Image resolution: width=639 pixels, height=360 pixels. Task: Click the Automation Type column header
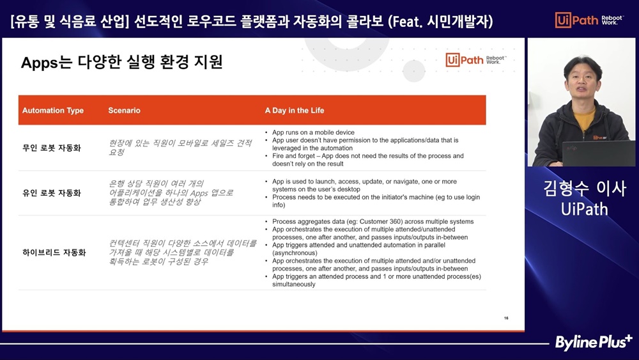click(53, 111)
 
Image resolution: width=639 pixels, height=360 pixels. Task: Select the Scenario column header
click(125, 111)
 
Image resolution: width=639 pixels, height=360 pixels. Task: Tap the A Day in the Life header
click(295, 111)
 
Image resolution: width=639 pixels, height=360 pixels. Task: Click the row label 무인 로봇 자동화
click(52, 148)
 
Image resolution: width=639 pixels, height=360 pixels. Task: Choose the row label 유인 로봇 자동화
click(52, 193)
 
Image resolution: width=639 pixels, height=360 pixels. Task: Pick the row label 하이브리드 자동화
click(54, 253)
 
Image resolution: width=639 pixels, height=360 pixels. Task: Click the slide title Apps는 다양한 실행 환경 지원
click(122, 63)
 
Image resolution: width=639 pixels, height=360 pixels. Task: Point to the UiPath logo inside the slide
click(475, 60)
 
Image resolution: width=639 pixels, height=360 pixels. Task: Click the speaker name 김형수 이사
click(585, 189)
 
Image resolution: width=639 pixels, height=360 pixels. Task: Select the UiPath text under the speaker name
click(585, 209)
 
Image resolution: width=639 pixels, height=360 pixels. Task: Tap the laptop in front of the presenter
click(598, 153)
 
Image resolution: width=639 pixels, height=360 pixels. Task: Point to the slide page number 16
click(506, 318)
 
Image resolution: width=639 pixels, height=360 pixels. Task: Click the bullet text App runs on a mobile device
click(313, 132)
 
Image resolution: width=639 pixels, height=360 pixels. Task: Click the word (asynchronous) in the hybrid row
click(295, 253)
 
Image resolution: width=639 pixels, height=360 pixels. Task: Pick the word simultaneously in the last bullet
click(294, 284)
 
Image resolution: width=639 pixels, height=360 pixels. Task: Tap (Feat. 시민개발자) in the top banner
click(440, 21)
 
